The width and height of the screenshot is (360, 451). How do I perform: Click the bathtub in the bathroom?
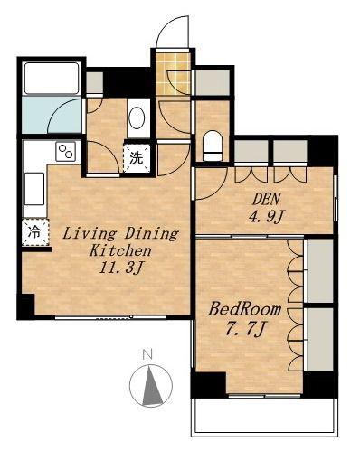coord(52,79)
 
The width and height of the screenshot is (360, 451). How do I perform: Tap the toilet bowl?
coord(213,146)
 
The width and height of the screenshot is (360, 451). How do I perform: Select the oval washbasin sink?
coord(137,118)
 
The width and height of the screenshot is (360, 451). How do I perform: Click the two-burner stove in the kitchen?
coord(65,152)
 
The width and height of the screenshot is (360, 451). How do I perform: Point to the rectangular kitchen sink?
coord(34,189)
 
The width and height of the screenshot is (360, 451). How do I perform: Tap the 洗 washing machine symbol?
coord(137,158)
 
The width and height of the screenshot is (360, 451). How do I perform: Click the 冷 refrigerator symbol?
coord(35,232)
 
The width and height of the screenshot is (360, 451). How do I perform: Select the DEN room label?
coord(267,199)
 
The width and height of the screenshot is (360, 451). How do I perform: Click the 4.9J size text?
coord(267,216)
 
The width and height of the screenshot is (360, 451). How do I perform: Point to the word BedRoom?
coord(244,309)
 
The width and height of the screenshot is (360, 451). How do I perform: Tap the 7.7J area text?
coord(244,330)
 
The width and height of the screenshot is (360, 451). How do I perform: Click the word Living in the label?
coord(90,234)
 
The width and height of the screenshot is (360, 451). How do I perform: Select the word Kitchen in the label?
coord(120,250)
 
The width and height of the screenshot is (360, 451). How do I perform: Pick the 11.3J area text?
coord(120,268)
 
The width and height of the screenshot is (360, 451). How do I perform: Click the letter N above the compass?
coord(147,354)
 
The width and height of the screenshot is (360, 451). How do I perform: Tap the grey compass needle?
coord(151,386)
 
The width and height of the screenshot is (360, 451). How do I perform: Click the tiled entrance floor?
coord(174,73)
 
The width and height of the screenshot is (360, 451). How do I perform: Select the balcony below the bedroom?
coord(264,418)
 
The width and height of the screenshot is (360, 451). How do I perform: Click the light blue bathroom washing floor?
coord(52,115)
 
